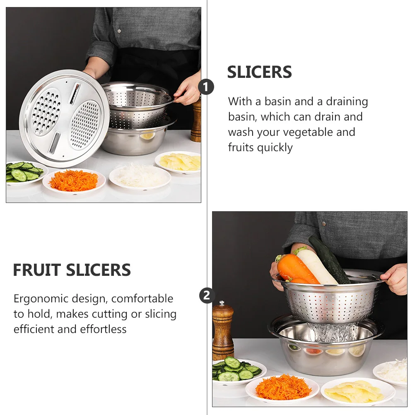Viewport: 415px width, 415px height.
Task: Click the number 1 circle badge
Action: pos(206,87)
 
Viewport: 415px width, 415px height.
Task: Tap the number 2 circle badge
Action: pos(207,295)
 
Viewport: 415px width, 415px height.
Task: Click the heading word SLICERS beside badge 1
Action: pos(259,72)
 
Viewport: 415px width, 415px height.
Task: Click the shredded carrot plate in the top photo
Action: pos(74,181)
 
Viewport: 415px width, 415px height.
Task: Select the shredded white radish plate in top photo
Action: pos(140,177)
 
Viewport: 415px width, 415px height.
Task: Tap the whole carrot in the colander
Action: pos(295,270)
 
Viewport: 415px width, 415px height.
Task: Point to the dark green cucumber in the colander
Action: pos(329,259)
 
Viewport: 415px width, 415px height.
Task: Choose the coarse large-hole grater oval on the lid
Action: pos(46,113)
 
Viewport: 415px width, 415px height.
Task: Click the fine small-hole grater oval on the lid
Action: pos(84,124)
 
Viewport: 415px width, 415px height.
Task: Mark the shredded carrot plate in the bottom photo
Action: pos(283,388)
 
